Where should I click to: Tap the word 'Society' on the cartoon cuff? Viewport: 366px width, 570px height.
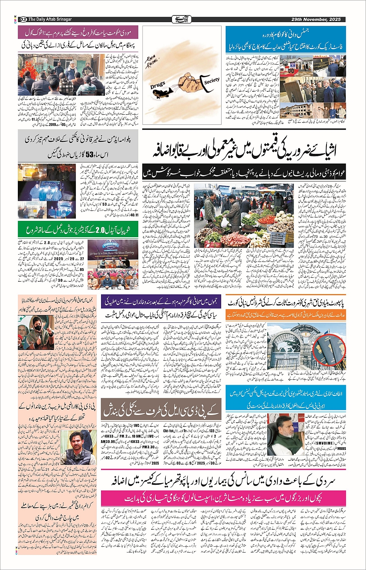(x=211, y=81)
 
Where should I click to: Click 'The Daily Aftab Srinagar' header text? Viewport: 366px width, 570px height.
(x=50, y=19)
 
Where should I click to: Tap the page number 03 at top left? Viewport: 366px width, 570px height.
(x=23, y=19)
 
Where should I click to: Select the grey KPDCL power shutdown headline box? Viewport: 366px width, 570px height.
(x=162, y=408)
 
